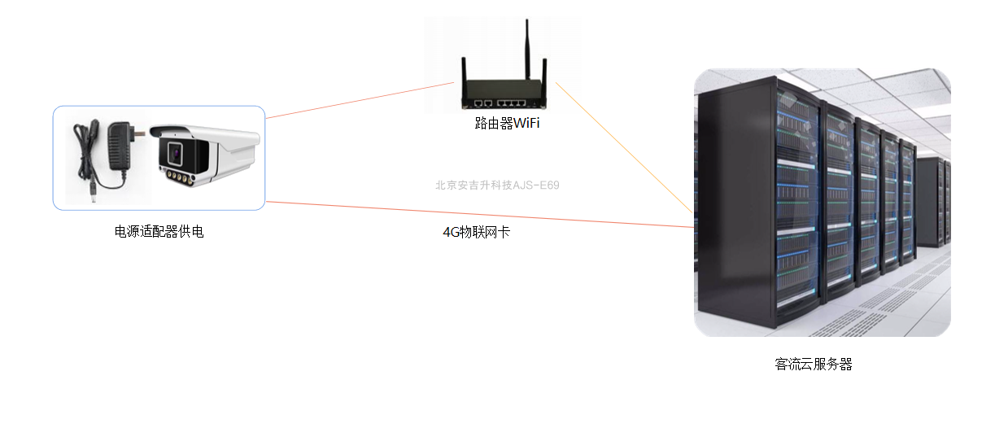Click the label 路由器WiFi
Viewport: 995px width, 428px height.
click(x=507, y=124)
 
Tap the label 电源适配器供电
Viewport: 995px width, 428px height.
click(x=159, y=232)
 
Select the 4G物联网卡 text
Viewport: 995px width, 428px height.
click(x=476, y=232)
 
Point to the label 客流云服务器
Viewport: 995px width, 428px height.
click(x=814, y=364)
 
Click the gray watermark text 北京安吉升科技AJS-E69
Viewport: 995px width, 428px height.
click(x=497, y=185)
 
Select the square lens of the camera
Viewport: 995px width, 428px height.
click(x=174, y=151)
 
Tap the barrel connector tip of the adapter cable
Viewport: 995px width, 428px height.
click(x=94, y=194)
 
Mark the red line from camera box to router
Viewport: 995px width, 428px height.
click(x=358, y=100)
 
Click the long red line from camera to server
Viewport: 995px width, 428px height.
click(x=480, y=214)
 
